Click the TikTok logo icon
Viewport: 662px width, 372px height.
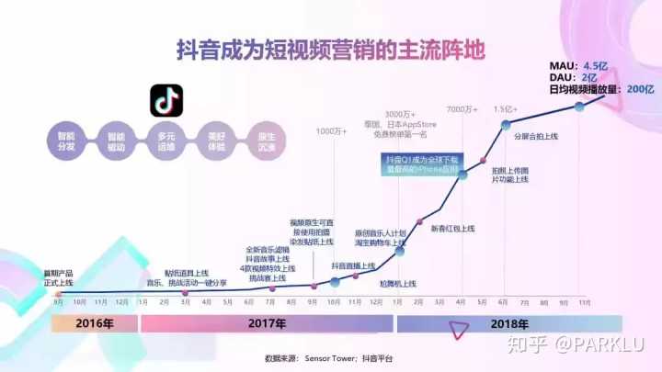[x=165, y=100]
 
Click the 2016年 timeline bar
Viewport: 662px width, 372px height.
[x=95, y=323]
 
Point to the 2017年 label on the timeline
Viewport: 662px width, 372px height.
[x=268, y=323]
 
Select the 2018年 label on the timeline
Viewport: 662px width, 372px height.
[x=510, y=323]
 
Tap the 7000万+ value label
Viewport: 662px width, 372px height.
[x=462, y=110]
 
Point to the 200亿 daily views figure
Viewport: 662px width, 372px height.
[x=640, y=89]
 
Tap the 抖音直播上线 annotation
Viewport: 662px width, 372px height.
[x=353, y=265]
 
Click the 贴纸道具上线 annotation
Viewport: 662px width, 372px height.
[x=187, y=273]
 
